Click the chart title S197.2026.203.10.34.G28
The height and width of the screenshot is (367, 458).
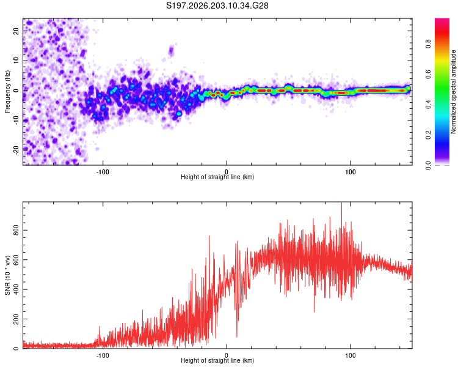217,6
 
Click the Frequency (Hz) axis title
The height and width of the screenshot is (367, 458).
7,92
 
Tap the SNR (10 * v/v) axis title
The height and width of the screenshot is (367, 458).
7,275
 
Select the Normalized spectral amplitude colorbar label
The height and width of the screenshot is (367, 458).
453,92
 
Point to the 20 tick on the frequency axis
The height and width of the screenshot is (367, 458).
16,31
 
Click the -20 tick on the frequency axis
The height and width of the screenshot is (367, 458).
16,150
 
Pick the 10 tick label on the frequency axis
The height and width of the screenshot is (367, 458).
16,61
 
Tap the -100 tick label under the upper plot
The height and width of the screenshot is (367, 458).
103,172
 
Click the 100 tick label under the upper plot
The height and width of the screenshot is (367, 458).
351,172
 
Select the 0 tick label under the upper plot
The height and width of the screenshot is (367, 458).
227,172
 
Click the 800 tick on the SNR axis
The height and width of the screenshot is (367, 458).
16,231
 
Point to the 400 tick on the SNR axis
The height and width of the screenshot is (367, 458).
16,289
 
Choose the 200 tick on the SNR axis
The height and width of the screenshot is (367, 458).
16,319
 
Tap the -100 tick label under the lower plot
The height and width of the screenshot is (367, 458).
103,355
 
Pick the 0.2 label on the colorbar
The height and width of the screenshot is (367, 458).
429,135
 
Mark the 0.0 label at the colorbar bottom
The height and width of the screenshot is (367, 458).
429,165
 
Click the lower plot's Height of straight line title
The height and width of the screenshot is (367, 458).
217,360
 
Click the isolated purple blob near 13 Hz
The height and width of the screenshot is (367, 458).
171,51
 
